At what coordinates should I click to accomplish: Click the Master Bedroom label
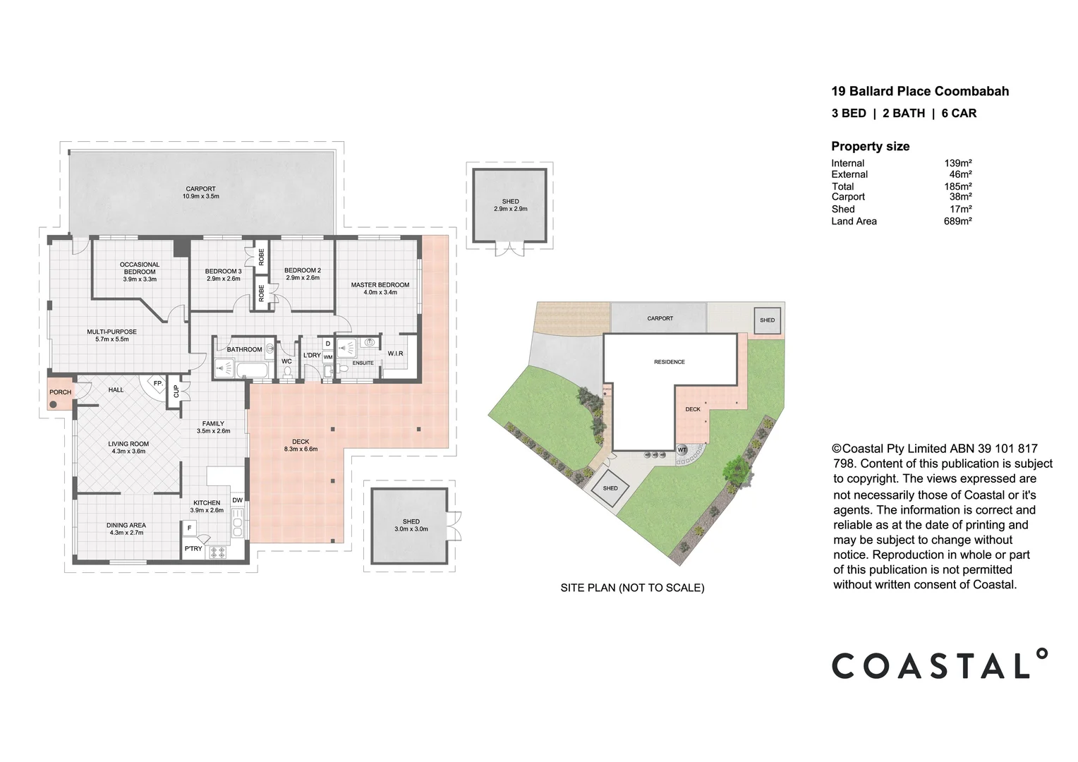pos(380,285)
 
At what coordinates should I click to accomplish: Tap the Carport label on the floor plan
pos(200,189)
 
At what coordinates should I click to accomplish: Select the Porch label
pos(60,392)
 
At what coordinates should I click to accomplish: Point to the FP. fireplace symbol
pos(157,384)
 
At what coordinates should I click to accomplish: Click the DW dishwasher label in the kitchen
pos(237,500)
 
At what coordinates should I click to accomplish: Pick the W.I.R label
pos(395,353)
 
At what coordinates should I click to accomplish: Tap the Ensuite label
pos(363,363)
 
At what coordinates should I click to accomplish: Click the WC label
pos(286,361)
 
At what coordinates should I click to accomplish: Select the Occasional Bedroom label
pos(140,268)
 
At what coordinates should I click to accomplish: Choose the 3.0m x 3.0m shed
pos(411,526)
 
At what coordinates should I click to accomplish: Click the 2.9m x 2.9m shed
pos(510,205)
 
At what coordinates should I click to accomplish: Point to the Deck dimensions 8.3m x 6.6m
pos(301,449)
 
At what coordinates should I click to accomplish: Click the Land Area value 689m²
pos(957,222)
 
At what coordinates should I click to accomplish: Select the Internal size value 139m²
pos(958,163)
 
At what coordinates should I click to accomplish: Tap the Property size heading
pos(870,147)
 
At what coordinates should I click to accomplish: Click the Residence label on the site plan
pos(669,362)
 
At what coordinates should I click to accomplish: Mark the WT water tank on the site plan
pos(682,450)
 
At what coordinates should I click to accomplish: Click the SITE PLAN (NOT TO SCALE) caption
pos(632,588)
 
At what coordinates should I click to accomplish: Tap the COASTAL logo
pos(939,665)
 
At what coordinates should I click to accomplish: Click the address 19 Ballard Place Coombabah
pos(919,91)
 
